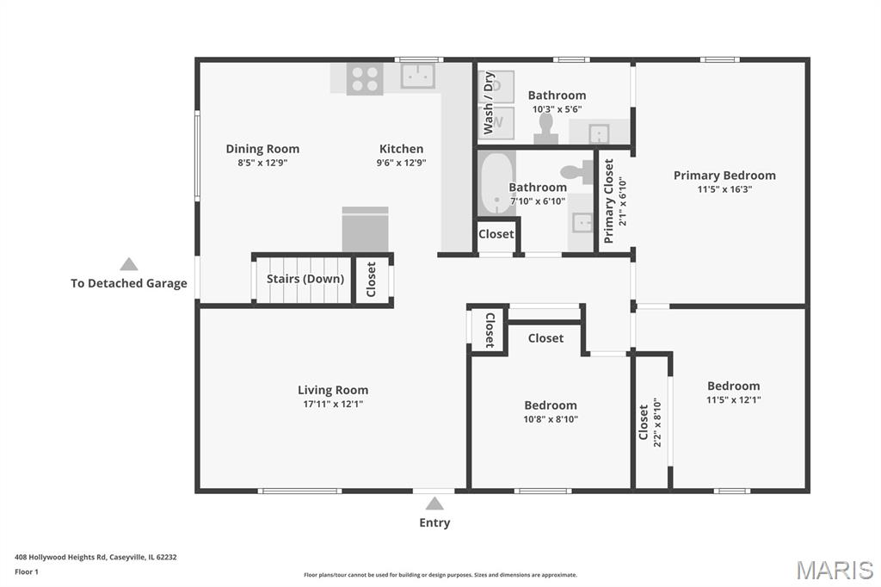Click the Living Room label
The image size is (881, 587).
tap(333, 390)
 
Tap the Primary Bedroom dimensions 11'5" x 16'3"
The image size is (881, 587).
tap(724, 189)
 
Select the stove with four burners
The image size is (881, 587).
tap(365, 78)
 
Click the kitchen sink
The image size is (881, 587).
tap(418, 76)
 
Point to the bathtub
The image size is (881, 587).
tap(496, 182)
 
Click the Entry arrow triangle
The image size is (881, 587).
tap(434, 504)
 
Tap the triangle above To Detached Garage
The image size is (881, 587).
tap(129, 264)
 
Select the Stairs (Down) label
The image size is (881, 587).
tap(305, 279)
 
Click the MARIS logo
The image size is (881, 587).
tap(835, 570)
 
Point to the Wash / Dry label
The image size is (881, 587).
tap(489, 103)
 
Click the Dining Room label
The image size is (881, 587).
tap(262, 149)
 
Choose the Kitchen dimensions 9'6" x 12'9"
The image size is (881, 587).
tap(401, 163)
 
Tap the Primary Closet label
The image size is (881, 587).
tap(608, 201)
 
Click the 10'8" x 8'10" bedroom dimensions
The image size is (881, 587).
tap(551, 419)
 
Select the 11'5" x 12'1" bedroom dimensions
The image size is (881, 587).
tap(734, 400)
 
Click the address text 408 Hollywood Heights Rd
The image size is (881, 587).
tap(61, 557)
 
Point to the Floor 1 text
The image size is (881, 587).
tap(27, 572)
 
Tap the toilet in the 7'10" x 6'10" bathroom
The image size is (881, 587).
tap(577, 172)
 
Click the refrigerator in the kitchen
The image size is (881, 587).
tap(365, 230)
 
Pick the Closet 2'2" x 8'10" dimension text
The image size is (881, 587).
tap(657, 423)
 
